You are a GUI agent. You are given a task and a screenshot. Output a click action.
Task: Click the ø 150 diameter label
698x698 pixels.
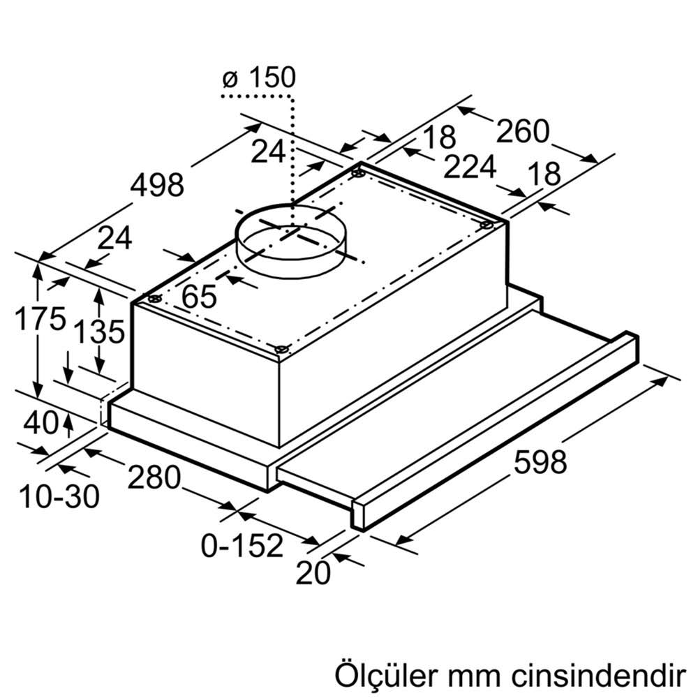259,77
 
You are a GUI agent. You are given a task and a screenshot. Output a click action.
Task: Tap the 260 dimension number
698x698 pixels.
523,131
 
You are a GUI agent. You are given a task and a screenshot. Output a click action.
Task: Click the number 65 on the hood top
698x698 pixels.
199,297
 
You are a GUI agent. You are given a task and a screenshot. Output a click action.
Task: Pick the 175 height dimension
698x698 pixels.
40,319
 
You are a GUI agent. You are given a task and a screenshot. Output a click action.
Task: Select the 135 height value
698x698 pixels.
101,332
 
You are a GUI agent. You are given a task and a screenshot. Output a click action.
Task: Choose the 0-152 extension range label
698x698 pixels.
242,545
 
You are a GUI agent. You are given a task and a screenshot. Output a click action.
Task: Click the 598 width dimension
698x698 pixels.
540,462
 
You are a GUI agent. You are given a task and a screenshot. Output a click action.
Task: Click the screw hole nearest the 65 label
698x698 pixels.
155,299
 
